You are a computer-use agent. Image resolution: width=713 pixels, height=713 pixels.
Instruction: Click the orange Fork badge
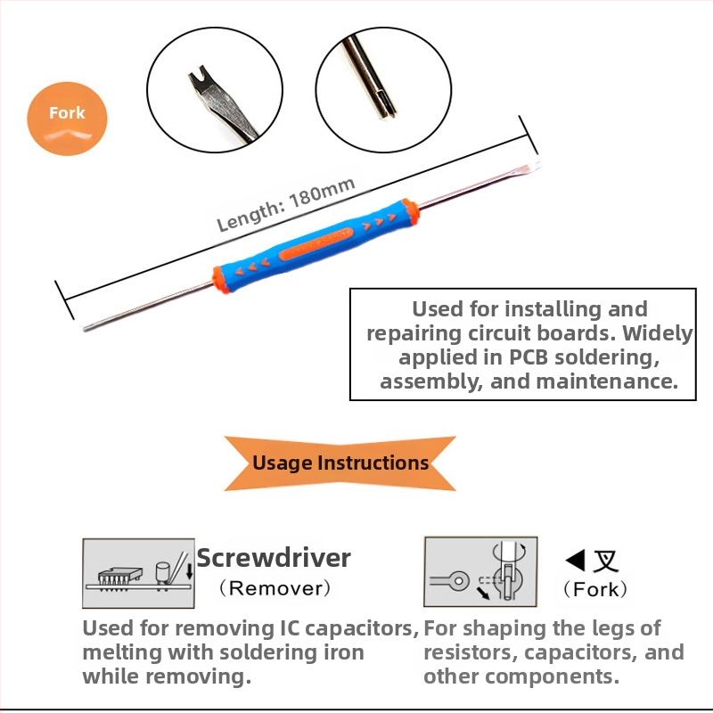tap(68, 115)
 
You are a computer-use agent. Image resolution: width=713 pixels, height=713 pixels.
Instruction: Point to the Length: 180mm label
tap(286, 204)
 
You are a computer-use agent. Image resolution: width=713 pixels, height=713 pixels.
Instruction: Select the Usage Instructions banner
tap(340, 463)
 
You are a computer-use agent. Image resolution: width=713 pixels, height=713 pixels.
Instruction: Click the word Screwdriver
tap(275, 559)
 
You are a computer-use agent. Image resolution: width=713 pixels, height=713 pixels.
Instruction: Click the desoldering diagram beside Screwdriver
tap(138, 572)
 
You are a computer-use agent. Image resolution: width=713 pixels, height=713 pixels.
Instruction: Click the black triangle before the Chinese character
tap(576, 561)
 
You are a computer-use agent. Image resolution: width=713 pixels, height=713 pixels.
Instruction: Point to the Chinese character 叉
tap(606, 561)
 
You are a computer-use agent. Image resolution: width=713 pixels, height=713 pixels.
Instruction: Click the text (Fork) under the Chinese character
tap(595, 589)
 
